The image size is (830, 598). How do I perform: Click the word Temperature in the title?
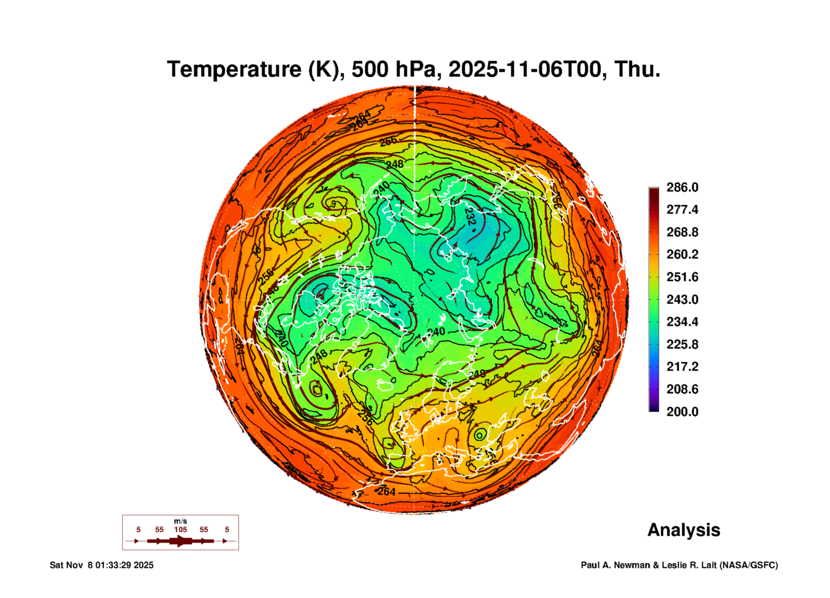point(234,69)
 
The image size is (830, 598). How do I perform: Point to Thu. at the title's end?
point(637,69)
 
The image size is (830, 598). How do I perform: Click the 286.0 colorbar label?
point(682,187)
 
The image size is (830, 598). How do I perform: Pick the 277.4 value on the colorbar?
point(682,210)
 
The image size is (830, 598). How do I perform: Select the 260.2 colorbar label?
point(682,254)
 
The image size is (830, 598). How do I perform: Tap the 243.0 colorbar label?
point(682,300)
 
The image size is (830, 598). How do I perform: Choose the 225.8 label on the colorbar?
point(682,344)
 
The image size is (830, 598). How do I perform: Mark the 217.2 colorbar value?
point(682,367)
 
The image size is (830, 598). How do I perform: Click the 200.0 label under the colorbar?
point(682,412)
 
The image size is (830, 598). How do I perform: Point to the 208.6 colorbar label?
point(682,389)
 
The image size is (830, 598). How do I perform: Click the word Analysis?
point(684,530)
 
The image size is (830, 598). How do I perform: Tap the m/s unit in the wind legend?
point(180,521)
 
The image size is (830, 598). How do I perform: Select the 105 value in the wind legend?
point(180,529)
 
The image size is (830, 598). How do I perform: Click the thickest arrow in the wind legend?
point(181,541)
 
